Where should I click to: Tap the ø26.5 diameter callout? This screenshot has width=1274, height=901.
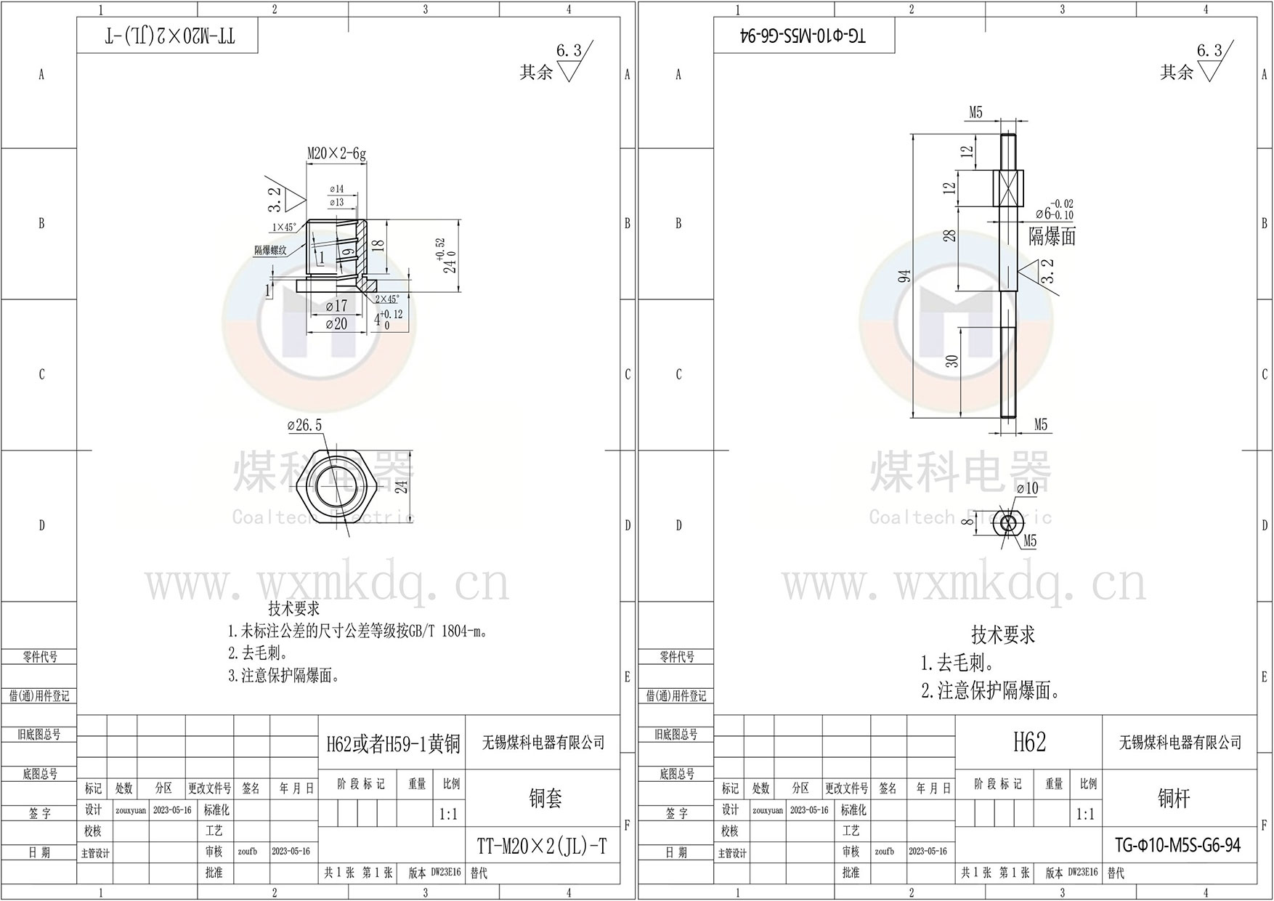click(304, 425)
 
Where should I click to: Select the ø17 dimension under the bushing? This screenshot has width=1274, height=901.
click(336, 306)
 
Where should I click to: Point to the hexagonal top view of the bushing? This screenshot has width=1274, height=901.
click(336, 485)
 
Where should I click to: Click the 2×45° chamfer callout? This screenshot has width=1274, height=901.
click(386, 299)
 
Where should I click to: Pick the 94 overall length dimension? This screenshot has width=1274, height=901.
click(904, 277)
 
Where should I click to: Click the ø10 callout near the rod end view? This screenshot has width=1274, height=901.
click(1027, 488)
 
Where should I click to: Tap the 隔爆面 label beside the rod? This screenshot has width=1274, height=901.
click(1052, 236)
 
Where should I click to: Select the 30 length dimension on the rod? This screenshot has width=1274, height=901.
click(953, 360)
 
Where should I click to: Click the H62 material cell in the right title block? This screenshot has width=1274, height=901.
click(1029, 742)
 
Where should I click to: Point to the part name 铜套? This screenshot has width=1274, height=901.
click(545, 799)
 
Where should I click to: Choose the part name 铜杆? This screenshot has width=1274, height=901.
click(1173, 799)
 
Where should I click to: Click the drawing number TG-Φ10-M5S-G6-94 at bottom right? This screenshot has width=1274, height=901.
click(1177, 845)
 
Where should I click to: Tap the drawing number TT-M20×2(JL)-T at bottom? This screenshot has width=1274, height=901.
click(541, 846)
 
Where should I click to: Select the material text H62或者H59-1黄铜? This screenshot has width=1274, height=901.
click(392, 743)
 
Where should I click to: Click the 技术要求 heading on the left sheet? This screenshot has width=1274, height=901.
click(293, 608)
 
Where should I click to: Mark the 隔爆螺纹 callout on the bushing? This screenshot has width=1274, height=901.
click(270, 250)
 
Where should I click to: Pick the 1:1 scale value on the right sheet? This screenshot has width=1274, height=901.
click(1085, 814)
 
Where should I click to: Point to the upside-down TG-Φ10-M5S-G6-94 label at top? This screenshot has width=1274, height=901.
click(804, 36)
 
